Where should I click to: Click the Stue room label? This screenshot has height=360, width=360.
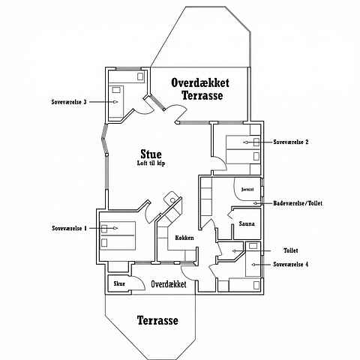[151, 154]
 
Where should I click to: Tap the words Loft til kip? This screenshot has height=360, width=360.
[151, 163]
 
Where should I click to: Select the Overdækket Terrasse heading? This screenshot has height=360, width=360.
[200, 89]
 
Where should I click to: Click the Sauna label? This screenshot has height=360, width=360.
[247, 223]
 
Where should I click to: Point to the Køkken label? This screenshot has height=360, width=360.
[184, 238]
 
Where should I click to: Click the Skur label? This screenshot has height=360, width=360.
[119, 283]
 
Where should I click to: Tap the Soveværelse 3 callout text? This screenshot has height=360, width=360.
[69, 102]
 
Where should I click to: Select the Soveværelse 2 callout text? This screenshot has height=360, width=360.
[291, 142]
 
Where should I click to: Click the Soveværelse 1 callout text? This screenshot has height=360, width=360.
[70, 228]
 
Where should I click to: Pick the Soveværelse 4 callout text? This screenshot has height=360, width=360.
[291, 264]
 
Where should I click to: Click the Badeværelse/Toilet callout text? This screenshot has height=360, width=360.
[298, 203]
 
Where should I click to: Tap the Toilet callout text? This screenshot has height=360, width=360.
[291, 250]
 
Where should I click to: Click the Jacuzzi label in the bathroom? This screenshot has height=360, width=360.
[247, 189]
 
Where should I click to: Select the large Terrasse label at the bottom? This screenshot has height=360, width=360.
[157, 320]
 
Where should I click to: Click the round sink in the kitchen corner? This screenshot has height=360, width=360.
[172, 199]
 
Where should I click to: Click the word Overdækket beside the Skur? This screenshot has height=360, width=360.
[169, 284]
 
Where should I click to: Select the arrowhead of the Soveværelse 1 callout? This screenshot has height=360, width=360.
[115, 228]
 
